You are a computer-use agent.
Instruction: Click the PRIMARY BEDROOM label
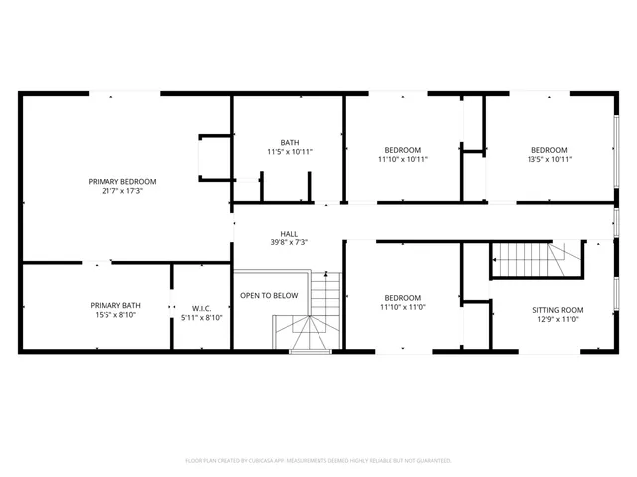click(122, 181)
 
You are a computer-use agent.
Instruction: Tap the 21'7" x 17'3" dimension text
click(122, 191)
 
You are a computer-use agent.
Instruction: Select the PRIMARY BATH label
click(115, 305)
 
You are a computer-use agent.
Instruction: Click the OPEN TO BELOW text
click(269, 295)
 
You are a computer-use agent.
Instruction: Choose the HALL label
click(288, 234)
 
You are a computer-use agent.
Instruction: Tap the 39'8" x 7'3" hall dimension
click(288, 242)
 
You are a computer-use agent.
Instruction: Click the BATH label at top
click(289, 142)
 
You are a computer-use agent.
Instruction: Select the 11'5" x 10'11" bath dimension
click(289, 152)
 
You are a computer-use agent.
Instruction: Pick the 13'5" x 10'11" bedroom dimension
click(548, 159)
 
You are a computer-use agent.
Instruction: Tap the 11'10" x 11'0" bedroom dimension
click(402, 307)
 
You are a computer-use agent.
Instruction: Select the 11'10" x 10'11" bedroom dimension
click(402, 159)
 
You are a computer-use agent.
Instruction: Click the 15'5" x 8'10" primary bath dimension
click(115, 315)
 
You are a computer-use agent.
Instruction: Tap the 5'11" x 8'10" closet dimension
click(201, 319)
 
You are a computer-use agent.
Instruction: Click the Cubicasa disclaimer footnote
click(318, 461)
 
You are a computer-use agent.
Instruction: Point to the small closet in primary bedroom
click(214, 157)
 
